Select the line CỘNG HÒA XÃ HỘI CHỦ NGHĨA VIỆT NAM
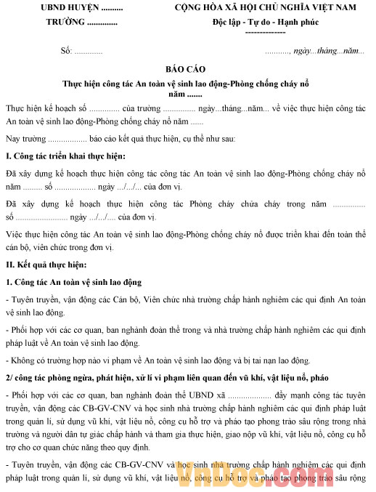[265, 7]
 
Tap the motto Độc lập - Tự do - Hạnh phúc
[265, 21]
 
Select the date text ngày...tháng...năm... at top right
[327, 52]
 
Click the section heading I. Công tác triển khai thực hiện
[65, 157]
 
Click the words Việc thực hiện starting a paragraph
[30, 235]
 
